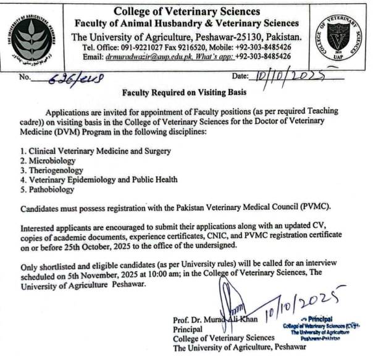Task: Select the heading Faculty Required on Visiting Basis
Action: pyautogui.click(x=185, y=93)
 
